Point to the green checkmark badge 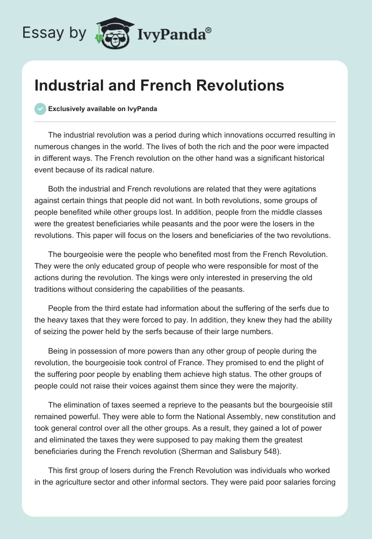(x=40, y=109)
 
